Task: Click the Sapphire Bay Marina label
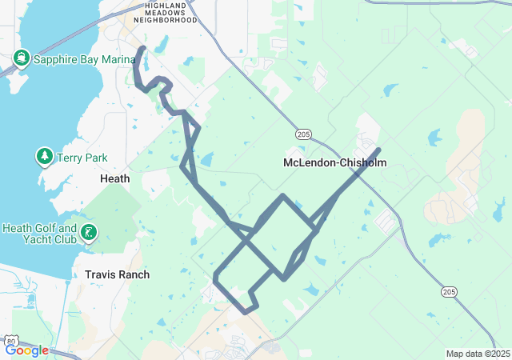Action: (72, 58)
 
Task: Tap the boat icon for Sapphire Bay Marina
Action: (22, 58)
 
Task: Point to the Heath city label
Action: (114, 179)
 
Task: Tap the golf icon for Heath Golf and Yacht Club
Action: (89, 234)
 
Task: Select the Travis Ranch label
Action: (117, 274)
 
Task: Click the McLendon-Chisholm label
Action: (334, 163)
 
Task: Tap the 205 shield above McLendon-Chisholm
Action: (302, 133)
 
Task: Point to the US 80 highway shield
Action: (10, 342)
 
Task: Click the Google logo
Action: (26, 350)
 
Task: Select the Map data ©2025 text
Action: (477, 354)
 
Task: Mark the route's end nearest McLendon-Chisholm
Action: (378, 150)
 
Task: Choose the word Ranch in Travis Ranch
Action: (133, 274)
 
